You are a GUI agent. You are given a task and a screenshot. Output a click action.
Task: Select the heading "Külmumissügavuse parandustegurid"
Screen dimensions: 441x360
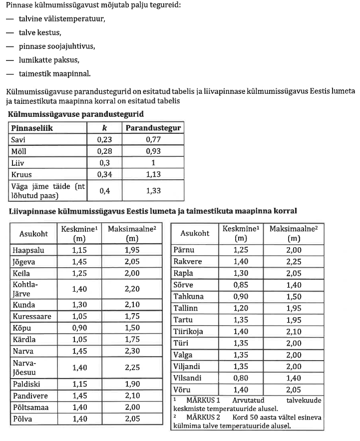click(76, 114)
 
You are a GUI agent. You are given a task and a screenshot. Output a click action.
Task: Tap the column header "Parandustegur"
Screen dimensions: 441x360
click(153, 128)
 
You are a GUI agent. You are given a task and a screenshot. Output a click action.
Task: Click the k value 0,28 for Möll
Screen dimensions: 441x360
click(104, 151)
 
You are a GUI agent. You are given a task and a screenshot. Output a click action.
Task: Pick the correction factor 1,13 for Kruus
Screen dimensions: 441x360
click(153, 174)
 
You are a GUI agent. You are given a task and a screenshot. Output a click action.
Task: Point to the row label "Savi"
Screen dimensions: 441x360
click(18, 139)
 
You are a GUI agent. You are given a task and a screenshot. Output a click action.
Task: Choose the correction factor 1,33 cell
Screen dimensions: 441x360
click(153, 190)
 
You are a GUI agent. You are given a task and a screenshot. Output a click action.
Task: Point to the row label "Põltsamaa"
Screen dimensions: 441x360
click(30, 408)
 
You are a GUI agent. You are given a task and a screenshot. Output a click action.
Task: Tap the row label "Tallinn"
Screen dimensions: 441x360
click(185, 308)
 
